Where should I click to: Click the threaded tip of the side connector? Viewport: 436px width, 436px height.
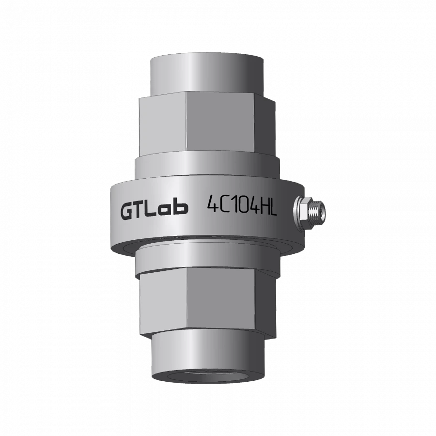point(317,210)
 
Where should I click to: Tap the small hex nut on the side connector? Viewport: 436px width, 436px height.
point(300,210)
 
